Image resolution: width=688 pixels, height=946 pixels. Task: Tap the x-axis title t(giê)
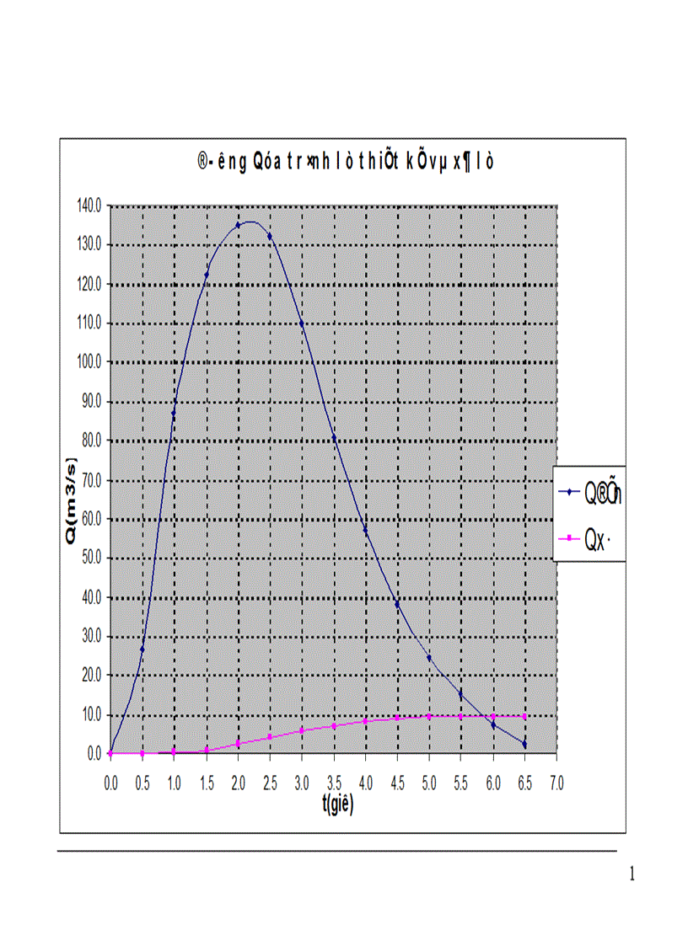pos(336,804)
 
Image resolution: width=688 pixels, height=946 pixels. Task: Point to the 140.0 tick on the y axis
pos(89,206)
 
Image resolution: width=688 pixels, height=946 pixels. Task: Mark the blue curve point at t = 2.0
pos(238,226)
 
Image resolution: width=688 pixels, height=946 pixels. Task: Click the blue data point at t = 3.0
pos(302,323)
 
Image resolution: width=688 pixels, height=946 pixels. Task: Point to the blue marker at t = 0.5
pos(142,649)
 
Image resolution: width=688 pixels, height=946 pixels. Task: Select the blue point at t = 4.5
pos(397,605)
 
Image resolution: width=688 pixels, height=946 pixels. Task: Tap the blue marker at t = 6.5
pos(524,745)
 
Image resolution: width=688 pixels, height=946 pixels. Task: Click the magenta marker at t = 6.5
pos(524,716)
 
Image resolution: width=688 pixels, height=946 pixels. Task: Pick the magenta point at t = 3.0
pos(302,730)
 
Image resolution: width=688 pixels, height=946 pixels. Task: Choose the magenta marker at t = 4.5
pos(397,718)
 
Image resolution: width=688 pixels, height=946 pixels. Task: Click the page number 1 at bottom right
pos(632,874)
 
